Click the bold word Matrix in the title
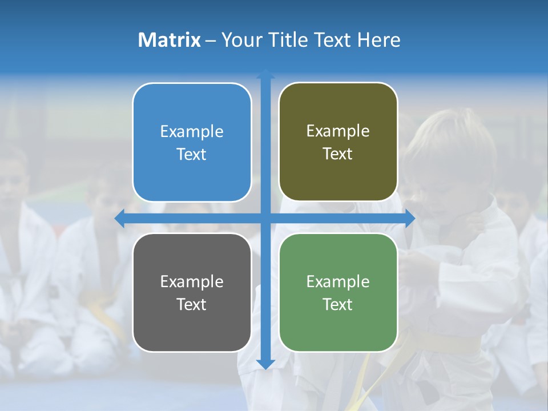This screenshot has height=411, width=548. [170, 40]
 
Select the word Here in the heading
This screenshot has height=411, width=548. [378, 40]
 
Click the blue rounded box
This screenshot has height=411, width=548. [192, 143]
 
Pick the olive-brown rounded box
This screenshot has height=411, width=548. [338, 142]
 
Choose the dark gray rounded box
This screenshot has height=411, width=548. [192, 292]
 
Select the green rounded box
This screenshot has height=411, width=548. [338, 292]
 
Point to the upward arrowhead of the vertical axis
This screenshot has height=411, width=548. [265, 74]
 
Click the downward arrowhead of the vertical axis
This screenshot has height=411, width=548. [265, 365]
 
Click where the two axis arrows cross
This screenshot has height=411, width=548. [265, 218]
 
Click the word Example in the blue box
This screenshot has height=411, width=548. [192, 132]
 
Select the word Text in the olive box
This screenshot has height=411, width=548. [338, 154]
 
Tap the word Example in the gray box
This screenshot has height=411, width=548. [192, 281]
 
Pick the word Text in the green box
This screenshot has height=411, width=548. [338, 304]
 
